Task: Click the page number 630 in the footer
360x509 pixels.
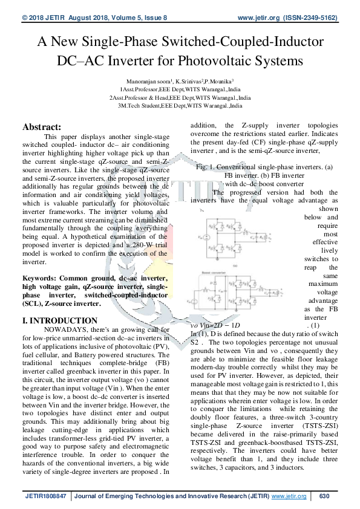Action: [324, 496]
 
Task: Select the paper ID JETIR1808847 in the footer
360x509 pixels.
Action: [47, 496]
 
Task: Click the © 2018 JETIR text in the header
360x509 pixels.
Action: [42, 19]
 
